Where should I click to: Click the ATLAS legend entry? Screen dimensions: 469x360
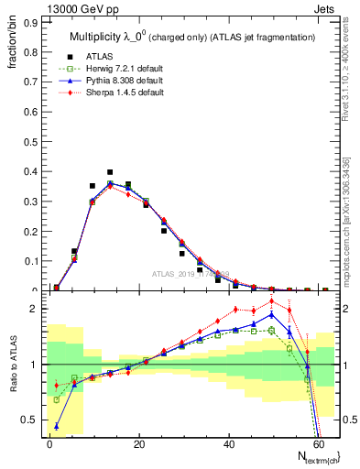pos(100,56)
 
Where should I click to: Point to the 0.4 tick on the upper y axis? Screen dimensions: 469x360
pos(32,171)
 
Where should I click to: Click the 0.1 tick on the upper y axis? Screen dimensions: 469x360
pos(32,261)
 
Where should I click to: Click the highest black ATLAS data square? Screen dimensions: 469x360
pos(110,172)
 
